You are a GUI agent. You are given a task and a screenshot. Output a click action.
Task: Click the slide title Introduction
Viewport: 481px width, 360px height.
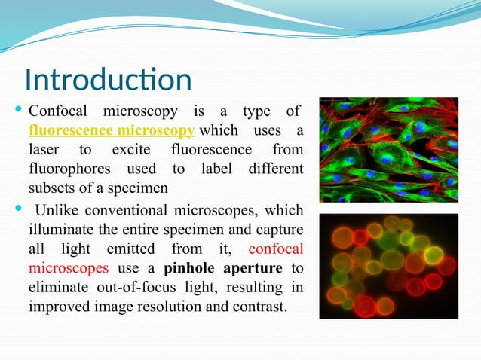[108, 80]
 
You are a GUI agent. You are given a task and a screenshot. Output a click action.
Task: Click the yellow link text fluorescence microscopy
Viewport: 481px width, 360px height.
[112, 131]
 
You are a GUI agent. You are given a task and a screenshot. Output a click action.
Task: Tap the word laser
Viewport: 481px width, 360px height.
[46, 150]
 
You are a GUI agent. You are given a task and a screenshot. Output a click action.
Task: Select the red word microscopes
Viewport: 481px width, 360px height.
[69, 268]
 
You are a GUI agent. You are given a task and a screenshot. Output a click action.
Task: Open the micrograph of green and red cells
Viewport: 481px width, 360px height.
[388, 150]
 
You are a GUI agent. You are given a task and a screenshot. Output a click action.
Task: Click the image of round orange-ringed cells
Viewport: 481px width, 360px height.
[388, 266]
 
